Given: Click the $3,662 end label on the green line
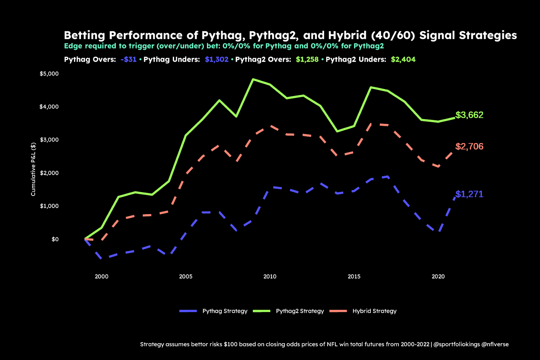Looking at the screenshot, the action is coord(469,115).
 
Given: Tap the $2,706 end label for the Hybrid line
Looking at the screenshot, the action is coord(469,146).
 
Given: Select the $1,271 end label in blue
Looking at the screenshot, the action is coord(469,194).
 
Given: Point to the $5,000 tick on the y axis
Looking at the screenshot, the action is coord(49,74).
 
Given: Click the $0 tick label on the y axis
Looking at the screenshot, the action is coord(55,239).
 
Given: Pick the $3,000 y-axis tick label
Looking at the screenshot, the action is coord(49,140).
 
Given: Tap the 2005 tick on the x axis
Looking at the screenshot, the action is coord(186,276).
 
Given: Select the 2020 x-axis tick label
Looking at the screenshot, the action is coord(438,276).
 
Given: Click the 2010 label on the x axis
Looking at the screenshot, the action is coord(270,276).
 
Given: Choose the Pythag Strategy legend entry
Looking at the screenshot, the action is coord(213,311).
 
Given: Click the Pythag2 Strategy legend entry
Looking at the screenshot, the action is coord(288,311).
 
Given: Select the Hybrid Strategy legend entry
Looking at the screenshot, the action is coord(363,311).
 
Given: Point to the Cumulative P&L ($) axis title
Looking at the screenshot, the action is coord(33,169).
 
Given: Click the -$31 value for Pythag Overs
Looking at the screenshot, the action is coord(129,59).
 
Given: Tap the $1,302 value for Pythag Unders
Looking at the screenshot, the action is coord(216,59).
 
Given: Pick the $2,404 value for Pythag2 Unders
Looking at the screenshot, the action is coord(403,59).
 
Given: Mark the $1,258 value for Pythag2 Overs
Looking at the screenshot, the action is coord(307,59).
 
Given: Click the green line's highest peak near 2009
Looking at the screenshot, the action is coord(253,79).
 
